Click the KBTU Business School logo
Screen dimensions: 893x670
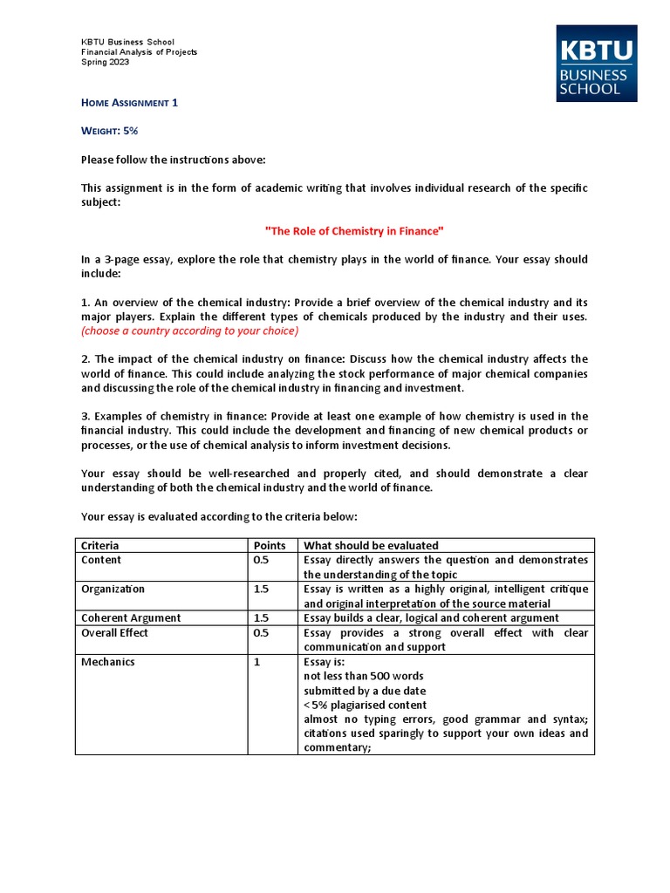click(596, 63)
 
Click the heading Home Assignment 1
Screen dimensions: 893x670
click(129, 102)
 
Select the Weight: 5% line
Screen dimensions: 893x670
click(110, 130)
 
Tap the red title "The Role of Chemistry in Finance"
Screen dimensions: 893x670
click(354, 230)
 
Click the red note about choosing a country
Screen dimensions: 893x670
click(189, 331)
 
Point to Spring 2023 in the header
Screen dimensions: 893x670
click(105, 62)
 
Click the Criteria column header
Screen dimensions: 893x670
click(100, 545)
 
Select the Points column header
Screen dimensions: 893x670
click(270, 545)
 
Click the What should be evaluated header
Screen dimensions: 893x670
click(371, 545)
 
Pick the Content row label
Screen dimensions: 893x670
click(101, 560)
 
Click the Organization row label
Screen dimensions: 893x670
click(113, 589)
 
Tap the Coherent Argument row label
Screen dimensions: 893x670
click(131, 617)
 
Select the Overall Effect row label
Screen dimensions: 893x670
click(114, 632)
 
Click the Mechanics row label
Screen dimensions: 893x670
click(108, 662)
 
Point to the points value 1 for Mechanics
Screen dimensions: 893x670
click(256, 662)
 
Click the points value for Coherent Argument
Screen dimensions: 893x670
click(261, 617)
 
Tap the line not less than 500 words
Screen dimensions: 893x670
click(364, 676)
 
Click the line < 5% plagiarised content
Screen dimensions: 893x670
click(365, 705)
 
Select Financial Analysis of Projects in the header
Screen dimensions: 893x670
click(140, 51)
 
